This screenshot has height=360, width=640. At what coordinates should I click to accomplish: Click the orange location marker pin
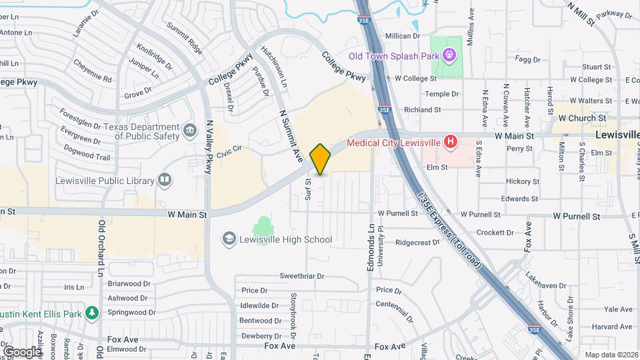[x=320, y=159]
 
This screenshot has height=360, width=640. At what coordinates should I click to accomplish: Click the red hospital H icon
[x=451, y=142]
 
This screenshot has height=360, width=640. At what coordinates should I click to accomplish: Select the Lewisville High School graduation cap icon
[x=229, y=239]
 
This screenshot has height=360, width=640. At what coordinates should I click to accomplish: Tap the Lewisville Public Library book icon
[x=163, y=179]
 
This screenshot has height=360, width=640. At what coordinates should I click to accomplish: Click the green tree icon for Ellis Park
[x=92, y=313]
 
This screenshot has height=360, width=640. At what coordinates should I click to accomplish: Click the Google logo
[x=22, y=351]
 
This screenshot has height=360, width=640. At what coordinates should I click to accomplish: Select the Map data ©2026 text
[x=611, y=355]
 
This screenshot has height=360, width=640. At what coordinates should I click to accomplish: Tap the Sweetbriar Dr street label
[x=301, y=276]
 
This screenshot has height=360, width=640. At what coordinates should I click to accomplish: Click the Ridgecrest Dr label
[x=418, y=243]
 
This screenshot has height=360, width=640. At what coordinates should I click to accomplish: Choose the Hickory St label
[x=522, y=181]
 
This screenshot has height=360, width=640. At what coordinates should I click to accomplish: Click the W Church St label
[x=582, y=118]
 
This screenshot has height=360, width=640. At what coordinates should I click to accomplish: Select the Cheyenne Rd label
[x=92, y=79]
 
